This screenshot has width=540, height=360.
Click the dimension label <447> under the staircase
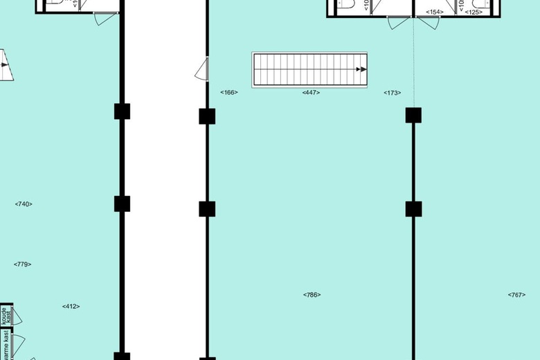point(311,92)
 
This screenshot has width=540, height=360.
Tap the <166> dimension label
point(229,92)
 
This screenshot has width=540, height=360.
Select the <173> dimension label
point(393,92)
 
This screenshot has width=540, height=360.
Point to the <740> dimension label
point(24,204)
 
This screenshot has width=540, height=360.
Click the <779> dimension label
point(23,264)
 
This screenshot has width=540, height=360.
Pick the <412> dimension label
point(71,306)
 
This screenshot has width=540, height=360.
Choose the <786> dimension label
point(312,295)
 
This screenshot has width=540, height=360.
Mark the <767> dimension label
point(516,295)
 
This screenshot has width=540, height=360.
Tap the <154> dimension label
point(435,12)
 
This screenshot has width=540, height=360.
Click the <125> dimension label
point(474,12)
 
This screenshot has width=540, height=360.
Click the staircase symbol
point(309,69)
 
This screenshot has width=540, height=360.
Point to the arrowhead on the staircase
point(361,69)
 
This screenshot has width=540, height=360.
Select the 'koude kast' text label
point(5,316)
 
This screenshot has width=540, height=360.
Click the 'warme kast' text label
point(5,344)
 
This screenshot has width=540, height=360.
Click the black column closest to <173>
point(414,115)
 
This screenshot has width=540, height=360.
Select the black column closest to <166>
point(207,116)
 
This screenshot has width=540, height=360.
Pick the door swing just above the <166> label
point(203,69)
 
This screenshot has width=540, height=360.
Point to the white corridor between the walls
point(165,208)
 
